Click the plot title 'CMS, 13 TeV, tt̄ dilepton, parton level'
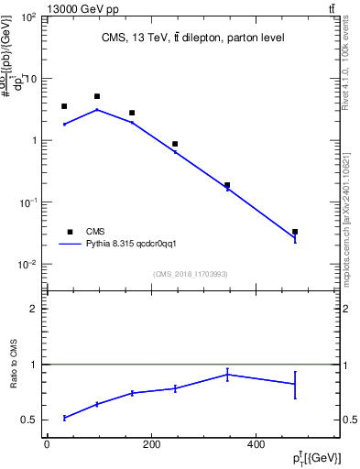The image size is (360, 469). click(x=193, y=38)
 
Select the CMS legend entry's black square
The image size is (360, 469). click(x=70, y=232)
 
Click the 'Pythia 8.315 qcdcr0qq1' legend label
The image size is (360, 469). click(x=125, y=245)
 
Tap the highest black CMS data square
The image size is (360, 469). click(x=97, y=96)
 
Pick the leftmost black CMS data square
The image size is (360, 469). click(x=64, y=106)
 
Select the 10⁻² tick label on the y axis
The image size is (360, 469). click(x=27, y=265)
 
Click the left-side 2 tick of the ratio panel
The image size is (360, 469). click(x=33, y=310)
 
